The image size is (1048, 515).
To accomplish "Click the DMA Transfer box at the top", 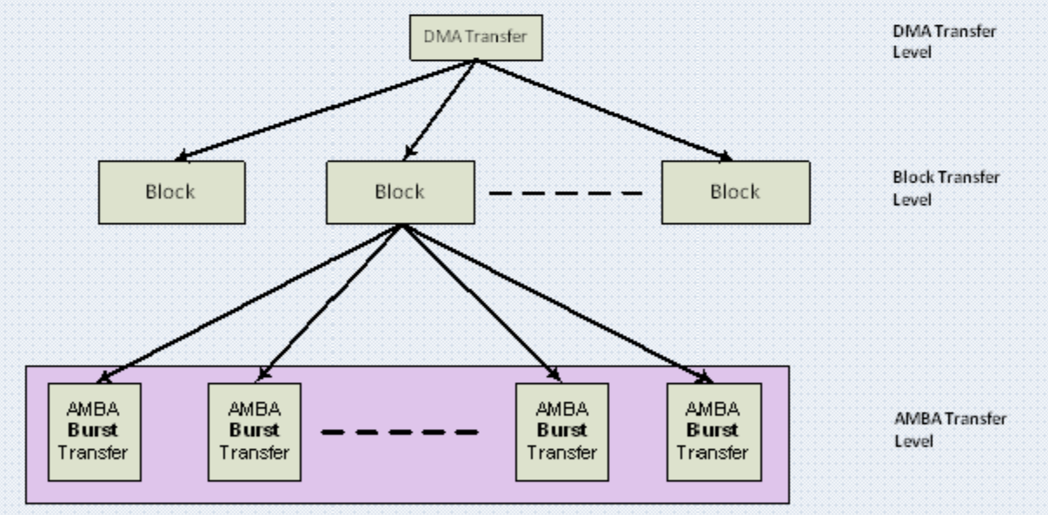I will tap(476, 38).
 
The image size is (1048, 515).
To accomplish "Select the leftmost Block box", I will tap(171, 193).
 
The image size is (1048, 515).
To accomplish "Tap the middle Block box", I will tap(400, 193).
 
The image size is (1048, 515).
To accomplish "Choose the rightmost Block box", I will tap(735, 193).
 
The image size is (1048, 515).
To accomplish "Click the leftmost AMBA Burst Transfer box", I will tap(95, 431).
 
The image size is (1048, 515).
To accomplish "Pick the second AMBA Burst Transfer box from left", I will tap(254, 431).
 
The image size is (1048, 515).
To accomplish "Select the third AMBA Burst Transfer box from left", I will tap(561, 431).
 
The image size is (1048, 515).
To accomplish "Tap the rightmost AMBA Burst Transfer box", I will tap(713, 431).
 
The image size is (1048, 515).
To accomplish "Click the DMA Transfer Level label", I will tap(944, 40).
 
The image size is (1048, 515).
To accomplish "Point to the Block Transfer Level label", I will tap(945, 188).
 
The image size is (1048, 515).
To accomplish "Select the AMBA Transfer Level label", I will tap(950, 430).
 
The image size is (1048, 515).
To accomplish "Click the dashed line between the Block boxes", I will tap(566, 193).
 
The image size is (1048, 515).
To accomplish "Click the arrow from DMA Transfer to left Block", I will tap(322, 111).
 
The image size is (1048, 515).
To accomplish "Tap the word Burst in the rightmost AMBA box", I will tap(713, 431).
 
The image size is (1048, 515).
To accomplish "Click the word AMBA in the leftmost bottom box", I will tap(95, 409).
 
